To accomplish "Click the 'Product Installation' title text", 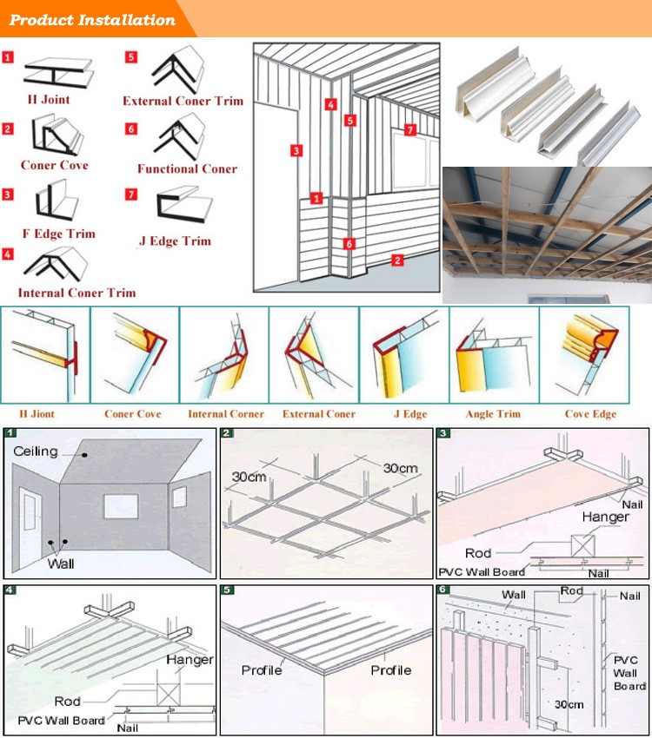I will point(91,19).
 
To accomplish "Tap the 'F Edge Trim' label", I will point(58,234).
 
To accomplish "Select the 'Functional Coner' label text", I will point(187,168).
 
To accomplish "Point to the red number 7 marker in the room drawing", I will point(411,130).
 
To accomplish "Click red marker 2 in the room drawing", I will point(397,260).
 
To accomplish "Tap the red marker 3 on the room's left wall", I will point(296,150).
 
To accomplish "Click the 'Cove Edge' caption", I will point(591,414).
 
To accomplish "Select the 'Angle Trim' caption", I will point(493,414).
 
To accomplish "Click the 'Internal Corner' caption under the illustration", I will point(226,414).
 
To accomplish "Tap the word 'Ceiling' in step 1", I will point(36,451).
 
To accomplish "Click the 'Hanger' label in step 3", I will point(606,517).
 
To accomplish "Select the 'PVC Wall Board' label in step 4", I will point(61,721).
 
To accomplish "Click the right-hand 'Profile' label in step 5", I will point(390,670).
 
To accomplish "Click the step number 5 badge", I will point(227,590).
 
